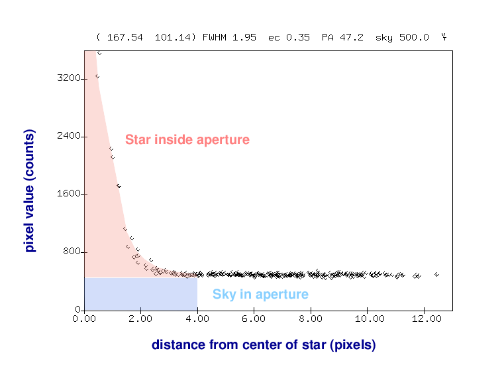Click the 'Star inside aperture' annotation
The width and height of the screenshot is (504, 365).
pyautogui.click(x=187, y=140)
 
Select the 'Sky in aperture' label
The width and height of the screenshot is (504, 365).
pyautogui.click(x=260, y=295)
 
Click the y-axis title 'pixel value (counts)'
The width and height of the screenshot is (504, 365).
pyautogui.click(x=29, y=191)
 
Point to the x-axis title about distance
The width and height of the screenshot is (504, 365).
pyautogui.click(x=264, y=345)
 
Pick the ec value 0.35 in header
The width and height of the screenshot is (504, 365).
pyautogui.click(x=299, y=37)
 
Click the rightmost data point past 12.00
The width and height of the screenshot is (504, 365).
pyautogui.click(x=436, y=274)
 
